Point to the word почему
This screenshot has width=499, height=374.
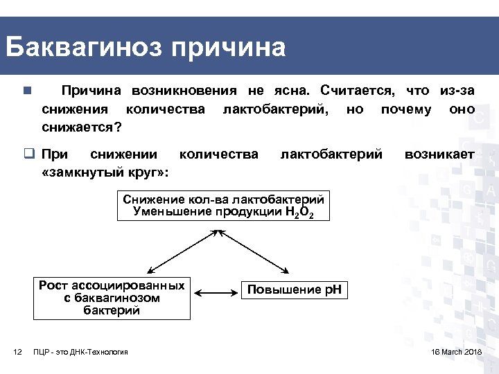(406, 109)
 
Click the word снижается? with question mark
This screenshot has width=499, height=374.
(82, 127)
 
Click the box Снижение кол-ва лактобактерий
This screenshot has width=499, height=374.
(222, 206)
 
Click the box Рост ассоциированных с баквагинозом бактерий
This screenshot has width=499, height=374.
(112, 298)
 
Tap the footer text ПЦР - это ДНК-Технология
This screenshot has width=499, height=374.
(80, 353)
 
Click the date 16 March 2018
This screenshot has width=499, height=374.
(456, 353)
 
